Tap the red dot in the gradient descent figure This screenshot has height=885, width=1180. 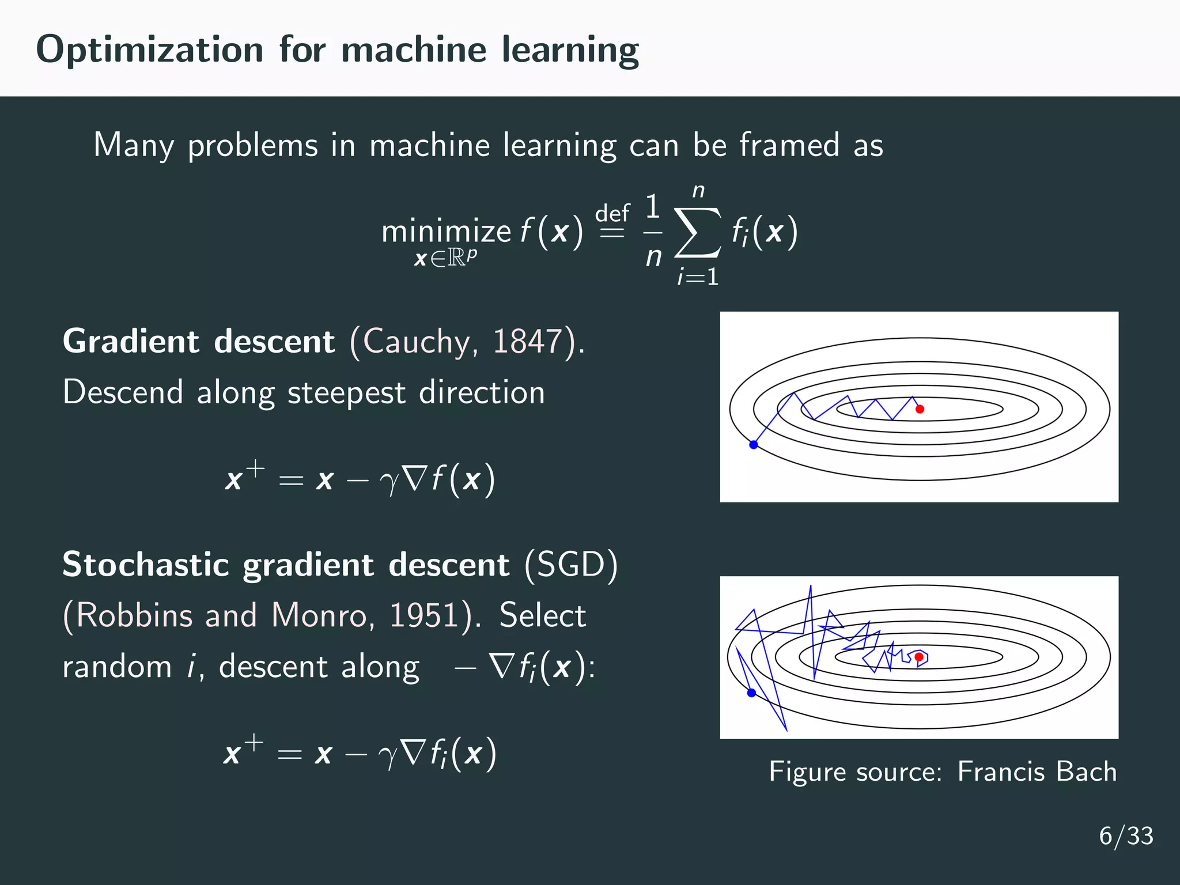pyautogui.click(x=920, y=409)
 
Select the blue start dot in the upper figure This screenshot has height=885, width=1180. pyautogui.click(x=753, y=444)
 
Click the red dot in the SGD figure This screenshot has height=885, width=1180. pyautogui.click(x=919, y=657)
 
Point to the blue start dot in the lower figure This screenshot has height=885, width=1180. pyautogui.click(x=751, y=693)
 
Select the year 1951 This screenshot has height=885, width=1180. pyautogui.click(x=424, y=615)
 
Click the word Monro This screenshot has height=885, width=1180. pyautogui.click(x=319, y=615)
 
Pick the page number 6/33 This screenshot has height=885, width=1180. pyautogui.click(x=1126, y=836)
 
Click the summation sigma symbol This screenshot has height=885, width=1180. pyautogui.click(x=698, y=233)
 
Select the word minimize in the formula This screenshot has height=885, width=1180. pyautogui.click(x=446, y=232)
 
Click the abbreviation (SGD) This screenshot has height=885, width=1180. pyautogui.click(x=571, y=565)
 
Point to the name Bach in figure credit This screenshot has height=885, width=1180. pyautogui.click(x=1087, y=771)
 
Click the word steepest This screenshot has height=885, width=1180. pyautogui.click(x=346, y=394)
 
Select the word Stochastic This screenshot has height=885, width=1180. pyautogui.click(x=146, y=565)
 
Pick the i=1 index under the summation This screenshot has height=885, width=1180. pyautogui.click(x=698, y=278)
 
